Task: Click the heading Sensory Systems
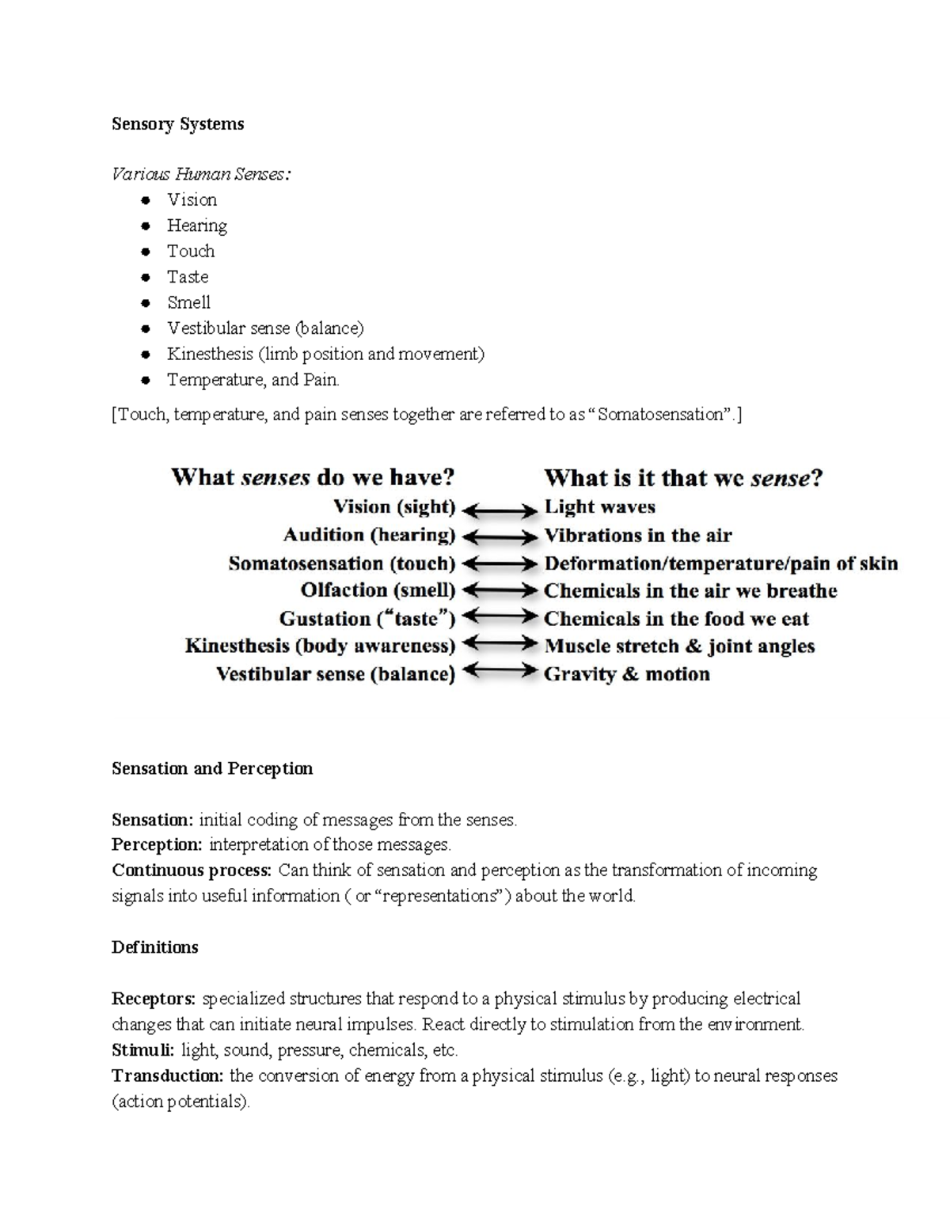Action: click(x=177, y=124)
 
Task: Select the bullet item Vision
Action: click(x=192, y=200)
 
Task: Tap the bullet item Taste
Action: click(x=188, y=277)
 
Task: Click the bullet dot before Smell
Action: click(x=146, y=303)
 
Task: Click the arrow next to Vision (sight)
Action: click(x=500, y=510)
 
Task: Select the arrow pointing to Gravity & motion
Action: click(x=500, y=672)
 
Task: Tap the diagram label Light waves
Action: click(x=599, y=507)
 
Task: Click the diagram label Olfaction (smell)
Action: click(x=378, y=590)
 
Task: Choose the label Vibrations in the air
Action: click(x=637, y=536)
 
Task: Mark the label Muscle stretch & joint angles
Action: click(x=679, y=647)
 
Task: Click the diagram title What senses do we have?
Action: click(x=313, y=477)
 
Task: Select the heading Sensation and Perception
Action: click(x=212, y=768)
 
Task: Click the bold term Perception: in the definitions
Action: click(x=157, y=845)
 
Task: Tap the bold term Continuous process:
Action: click(x=192, y=871)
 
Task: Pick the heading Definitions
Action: click(x=154, y=947)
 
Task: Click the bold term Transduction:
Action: click(x=168, y=1076)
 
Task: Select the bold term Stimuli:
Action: click(x=143, y=1050)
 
